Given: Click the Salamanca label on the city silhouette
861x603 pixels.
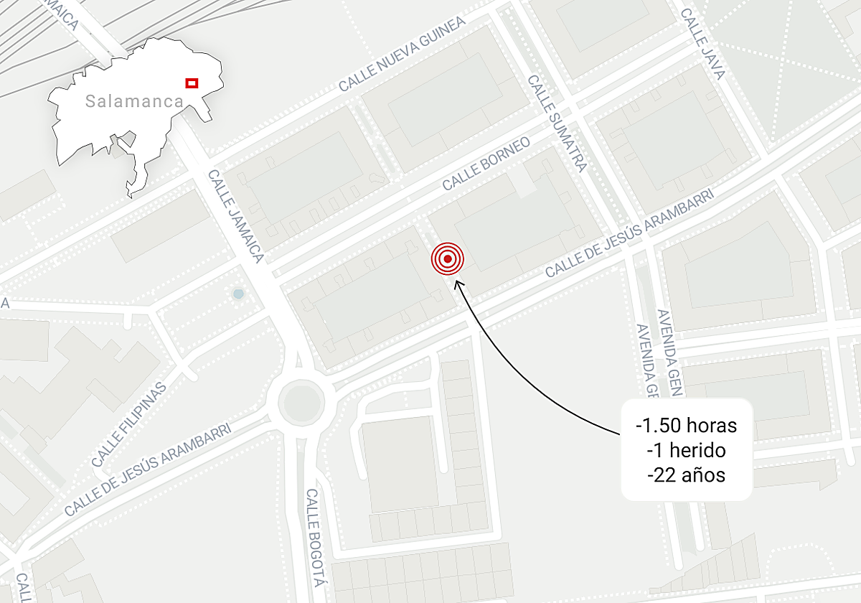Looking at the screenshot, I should [x=134, y=101].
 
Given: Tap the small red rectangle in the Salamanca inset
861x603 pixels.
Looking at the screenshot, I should [x=192, y=83].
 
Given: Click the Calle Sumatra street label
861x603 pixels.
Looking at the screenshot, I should [x=557, y=123].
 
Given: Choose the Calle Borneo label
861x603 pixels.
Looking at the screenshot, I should [x=486, y=164].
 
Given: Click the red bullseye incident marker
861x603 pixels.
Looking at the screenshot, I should [x=448, y=259].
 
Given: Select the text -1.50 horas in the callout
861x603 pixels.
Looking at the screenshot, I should [x=687, y=426].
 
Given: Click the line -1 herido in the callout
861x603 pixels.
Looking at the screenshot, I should [x=687, y=450].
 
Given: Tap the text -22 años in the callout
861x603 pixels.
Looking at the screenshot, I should [x=687, y=475].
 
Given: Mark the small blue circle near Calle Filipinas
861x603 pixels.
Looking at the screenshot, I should [x=238, y=294].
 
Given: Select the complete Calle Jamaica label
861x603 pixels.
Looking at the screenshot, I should [x=236, y=216].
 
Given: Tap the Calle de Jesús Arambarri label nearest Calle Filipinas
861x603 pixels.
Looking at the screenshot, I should [x=147, y=470].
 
